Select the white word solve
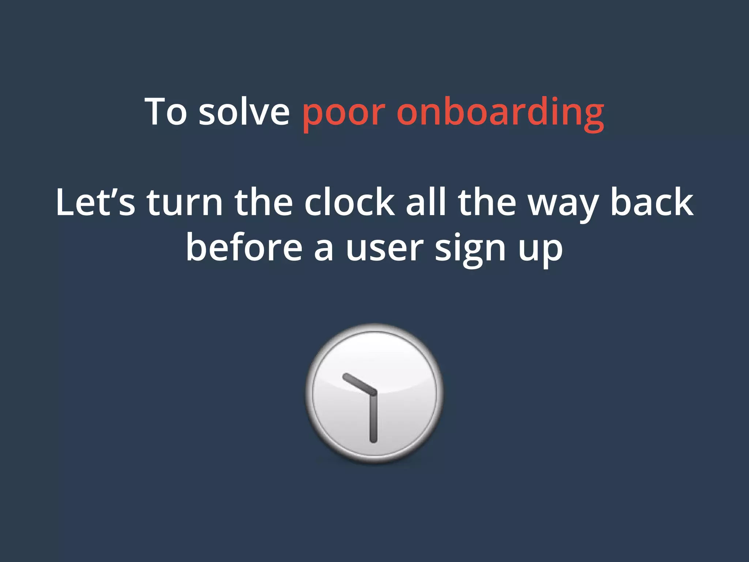coord(244,111)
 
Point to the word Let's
coord(95,202)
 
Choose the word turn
coord(185,202)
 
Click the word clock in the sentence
coord(349,202)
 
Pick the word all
coord(426,202)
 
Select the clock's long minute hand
coord(373,417)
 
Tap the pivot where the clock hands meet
coord(373,393)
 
